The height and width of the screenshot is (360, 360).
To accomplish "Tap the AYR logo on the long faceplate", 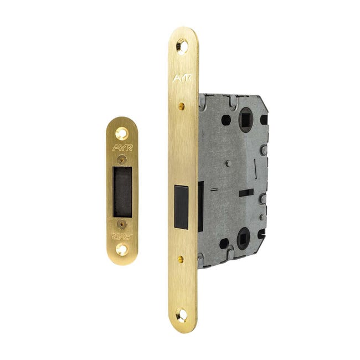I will pyautogui.click(x=182, y=79).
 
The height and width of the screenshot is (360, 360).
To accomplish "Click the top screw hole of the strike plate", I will pyautogui.click(x=122, y=133).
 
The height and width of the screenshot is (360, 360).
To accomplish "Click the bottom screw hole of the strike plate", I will pyautogui.click(x=122, y=249).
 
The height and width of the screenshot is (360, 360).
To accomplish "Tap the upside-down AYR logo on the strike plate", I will pyautogui.click(x=122, y=236).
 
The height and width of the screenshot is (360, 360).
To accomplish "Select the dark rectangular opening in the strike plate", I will pyautogui.click(x=122, y=192).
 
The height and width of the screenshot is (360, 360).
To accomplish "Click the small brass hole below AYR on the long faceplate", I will pyautogui.click(x=182, y=104).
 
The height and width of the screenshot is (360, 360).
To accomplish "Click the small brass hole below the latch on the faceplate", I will pyautogui.click(x=182, y=258).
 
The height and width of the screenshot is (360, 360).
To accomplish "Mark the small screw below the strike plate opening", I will pyautogui.click(x=122, y=224).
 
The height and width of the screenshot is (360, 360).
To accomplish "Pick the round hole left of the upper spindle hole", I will pyautogui.click(x=225, y=120).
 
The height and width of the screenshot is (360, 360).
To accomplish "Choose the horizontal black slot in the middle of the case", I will pyautogui.click(x=246, y=193).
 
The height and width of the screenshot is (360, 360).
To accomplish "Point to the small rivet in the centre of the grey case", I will pyautogui.click(x=227, y=163).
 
